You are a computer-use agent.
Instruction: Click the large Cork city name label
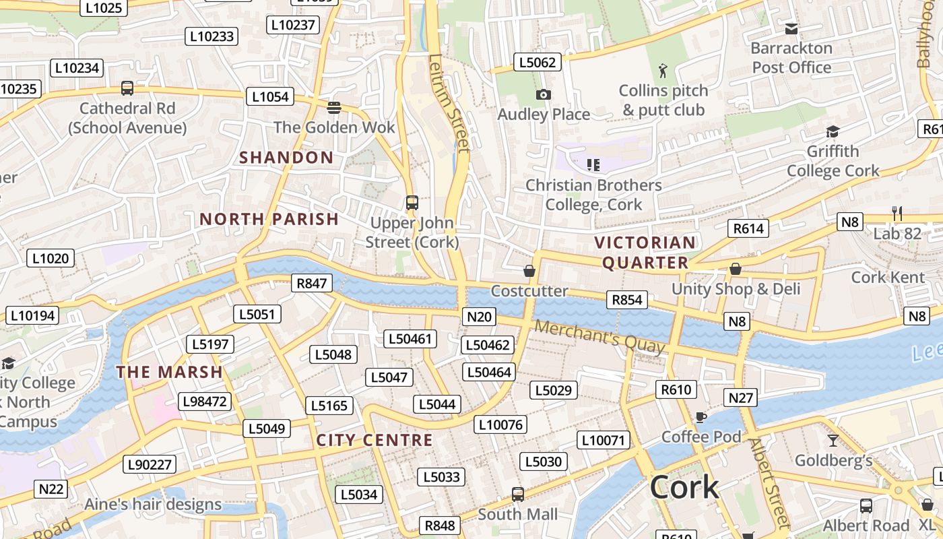tap(684, 487)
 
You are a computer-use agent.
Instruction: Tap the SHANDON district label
tap(286, 158)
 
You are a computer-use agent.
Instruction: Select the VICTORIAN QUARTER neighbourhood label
tap(645, 252)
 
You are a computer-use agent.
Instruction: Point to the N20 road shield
tap(480, 317)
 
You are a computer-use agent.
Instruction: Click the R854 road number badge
tap(626, 300)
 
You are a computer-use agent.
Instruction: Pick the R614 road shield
tap(748, 228)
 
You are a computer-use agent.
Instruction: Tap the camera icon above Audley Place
tap(544, 95)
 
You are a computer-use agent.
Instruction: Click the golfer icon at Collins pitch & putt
tap(663, 70)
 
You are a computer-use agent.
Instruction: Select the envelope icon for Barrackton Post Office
tap(791, 28)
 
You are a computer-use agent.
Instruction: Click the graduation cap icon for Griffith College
tap(833, 131)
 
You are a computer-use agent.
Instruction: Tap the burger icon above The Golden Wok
tap(334, 107)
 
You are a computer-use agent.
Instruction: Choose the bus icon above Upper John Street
tap(412, 202)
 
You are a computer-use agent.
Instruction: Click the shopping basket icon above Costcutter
tap(529, 271)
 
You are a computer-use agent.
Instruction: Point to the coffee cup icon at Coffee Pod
tap(701, 417)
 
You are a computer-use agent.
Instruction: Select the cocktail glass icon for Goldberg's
tap(833, 441)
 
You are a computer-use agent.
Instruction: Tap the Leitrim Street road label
tap(449, 102)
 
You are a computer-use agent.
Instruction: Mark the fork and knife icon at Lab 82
tap(897, 214)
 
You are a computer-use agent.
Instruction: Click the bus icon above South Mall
tap(517, 495)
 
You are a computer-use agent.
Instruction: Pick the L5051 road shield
tap(257, 314)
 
